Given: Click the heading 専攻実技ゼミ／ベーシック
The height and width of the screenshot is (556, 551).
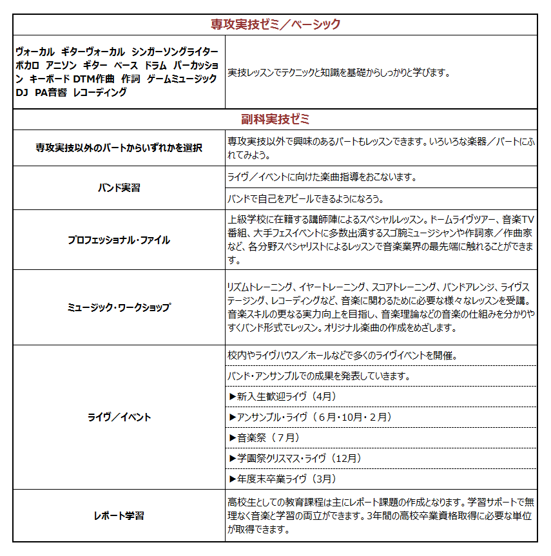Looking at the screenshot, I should point(275,24).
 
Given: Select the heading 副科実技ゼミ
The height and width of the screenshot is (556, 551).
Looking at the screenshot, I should point(275,119).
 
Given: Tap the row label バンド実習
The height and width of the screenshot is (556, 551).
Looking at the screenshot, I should point(119,188).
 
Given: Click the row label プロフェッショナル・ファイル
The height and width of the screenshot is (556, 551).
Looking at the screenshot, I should point(119,240).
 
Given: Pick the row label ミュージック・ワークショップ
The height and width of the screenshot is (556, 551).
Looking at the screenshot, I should point(119,307).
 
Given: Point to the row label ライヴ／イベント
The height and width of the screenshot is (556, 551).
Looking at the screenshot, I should point(119,417).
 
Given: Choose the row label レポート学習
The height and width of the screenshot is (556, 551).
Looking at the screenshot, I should point(119,515).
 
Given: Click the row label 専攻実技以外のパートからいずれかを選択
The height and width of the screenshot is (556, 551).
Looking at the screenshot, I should point(119,148).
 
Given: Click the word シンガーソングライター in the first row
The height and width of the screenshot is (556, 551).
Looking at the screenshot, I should point(175,52).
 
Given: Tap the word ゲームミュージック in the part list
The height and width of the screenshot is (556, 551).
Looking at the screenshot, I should point(182,79).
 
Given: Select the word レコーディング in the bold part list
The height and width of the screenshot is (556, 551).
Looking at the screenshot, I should point(100,92).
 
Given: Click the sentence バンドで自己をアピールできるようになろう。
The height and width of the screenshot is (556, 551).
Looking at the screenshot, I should point(305,198).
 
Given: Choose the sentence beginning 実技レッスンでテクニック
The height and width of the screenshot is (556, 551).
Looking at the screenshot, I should point(338,72).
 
